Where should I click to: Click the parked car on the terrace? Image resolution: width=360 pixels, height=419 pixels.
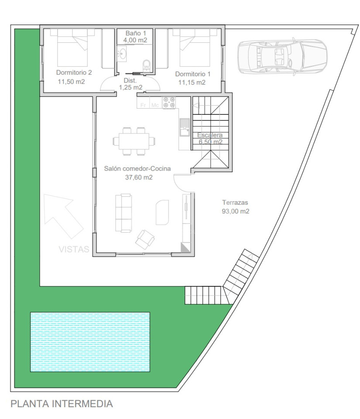[282, 56]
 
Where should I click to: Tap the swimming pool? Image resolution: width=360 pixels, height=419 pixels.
[90, 342]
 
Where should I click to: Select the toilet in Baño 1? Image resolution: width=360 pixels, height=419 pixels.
[146, 65]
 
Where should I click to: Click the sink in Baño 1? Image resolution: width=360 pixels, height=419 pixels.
[122, 54]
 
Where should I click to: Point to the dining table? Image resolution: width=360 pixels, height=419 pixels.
[134, 141]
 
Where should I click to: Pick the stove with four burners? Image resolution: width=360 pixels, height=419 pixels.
[169, 103]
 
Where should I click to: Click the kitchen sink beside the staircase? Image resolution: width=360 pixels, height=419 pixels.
[185, 127]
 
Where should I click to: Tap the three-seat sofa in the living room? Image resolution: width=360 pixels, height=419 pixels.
[123, 213]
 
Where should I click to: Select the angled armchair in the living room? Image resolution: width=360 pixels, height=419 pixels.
[145, 240]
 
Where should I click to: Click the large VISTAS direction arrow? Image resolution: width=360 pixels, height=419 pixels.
[63, 216]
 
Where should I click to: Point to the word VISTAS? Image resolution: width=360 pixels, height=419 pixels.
[74, 249]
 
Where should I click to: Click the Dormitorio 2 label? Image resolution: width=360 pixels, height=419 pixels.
[74, 72]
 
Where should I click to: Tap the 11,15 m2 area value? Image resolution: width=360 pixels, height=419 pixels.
[192, 82]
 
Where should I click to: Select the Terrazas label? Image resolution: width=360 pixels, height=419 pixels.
[235, 203]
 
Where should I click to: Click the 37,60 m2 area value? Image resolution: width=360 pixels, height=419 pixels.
[139, 177]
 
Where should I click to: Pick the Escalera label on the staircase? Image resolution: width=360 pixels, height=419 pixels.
[210, 135]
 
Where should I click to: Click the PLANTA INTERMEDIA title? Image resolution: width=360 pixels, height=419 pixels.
[62, 403]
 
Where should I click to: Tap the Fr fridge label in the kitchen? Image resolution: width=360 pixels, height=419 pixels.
[143, 105]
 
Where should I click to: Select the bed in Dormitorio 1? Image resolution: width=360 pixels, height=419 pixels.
[195, 48]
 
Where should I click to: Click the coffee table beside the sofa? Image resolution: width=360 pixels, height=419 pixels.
[162, 213]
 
